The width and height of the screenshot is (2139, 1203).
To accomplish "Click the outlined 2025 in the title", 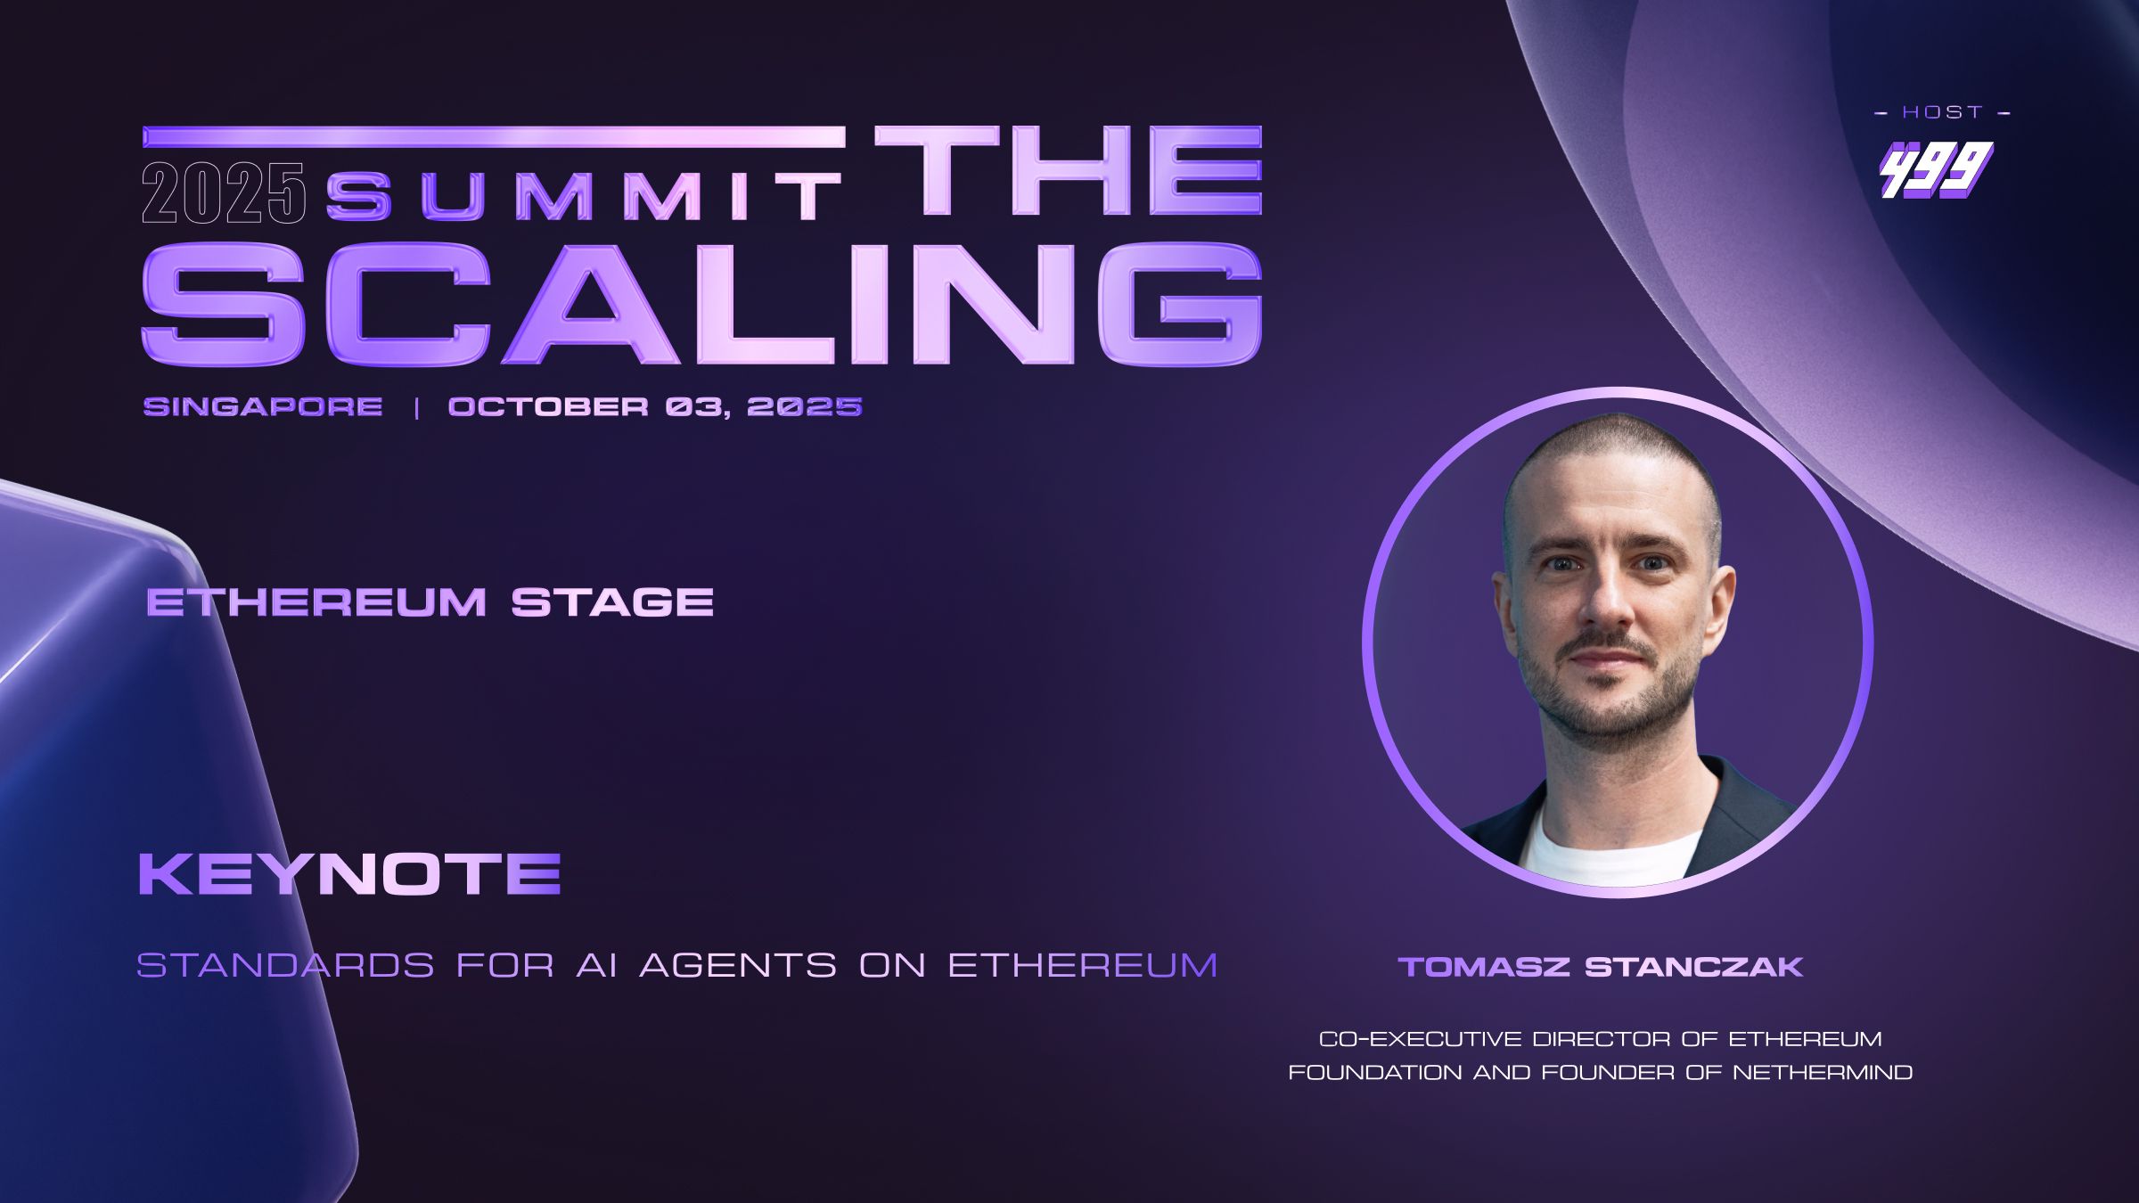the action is coord(224,193).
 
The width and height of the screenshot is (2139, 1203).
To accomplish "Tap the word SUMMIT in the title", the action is coord(584,195).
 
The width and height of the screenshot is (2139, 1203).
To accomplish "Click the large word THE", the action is coord(1069,170).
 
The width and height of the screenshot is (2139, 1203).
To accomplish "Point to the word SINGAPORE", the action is coord(263,406).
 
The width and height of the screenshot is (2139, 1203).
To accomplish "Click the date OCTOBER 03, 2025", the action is coord(655,407).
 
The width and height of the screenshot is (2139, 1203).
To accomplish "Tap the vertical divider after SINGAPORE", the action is coord(416,408).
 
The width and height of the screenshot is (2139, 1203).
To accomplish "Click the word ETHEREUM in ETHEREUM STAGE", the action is coord(316,602).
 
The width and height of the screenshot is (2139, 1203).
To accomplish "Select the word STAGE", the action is coord(612,602).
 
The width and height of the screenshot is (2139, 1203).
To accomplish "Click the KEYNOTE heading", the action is coord(349,873).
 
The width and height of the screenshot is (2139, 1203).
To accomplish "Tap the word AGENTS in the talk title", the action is coord(738,965).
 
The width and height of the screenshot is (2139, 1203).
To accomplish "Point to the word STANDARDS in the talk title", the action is coord(286,965).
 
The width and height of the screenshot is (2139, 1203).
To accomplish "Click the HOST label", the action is coord(1943,112).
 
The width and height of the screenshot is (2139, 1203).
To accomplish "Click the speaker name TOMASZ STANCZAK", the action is coord(1601,967).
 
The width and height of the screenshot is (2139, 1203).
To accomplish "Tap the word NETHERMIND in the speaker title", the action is coord(1823,1072).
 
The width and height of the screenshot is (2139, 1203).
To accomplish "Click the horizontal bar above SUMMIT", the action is coord(494,136).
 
